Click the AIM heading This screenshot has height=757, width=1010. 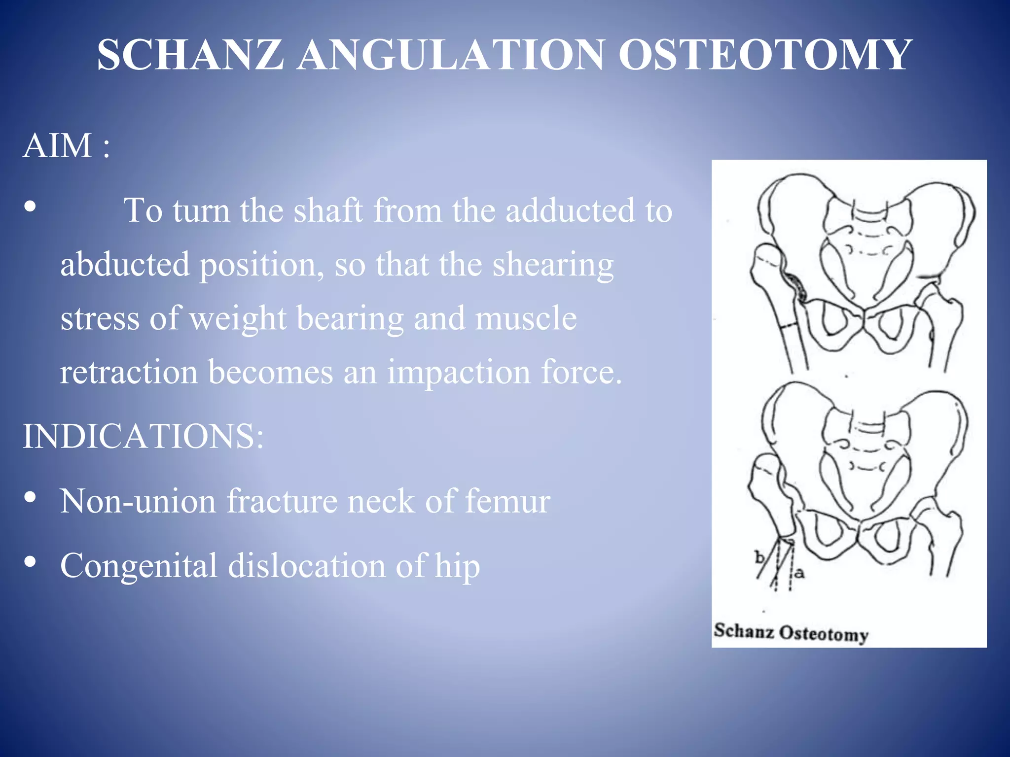click(66, 146)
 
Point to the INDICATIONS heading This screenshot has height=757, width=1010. click(143, 437)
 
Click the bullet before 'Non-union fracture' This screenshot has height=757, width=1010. click(30, 498)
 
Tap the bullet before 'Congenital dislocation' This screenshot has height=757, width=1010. click(30, 562)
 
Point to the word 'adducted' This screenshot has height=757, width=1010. click(570, 211)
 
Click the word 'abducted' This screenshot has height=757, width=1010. click(125, 265)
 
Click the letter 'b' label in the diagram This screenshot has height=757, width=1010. click(759, 557)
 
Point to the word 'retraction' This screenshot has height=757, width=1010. click(128, 373)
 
